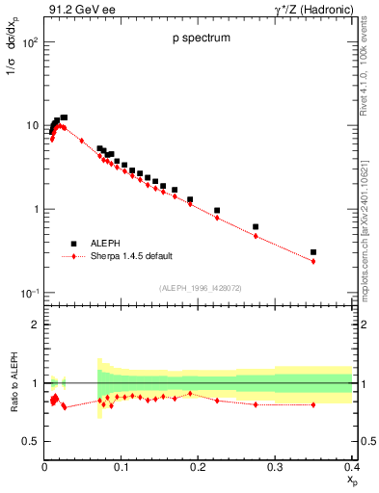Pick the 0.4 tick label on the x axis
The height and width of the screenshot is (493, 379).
pyautogui.click(x=351, y=468)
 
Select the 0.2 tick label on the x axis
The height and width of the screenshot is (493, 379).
pyautogui.click(x=198, y=468)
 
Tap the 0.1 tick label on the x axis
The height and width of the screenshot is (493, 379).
pyautogui.click(x=122, y=468)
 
